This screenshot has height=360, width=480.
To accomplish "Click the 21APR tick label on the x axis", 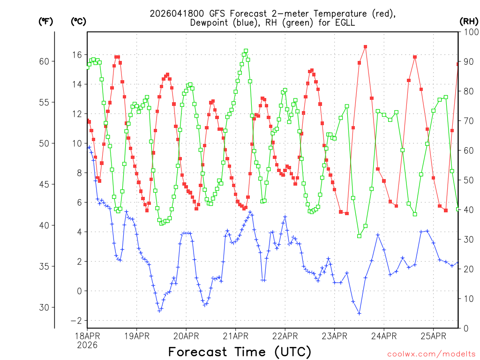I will coord(235,336).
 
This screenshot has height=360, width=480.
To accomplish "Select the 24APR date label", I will coord(383,336).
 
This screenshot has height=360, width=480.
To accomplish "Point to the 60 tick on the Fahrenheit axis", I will coord(46,61).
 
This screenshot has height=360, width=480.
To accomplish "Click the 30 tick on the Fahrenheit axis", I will coord(46,307).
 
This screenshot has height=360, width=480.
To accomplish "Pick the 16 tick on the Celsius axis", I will coord(76,55).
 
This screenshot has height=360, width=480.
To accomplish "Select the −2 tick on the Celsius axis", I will coord(75,321).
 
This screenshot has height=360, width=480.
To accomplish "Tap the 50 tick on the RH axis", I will coord(469,180).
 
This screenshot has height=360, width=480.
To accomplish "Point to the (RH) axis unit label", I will coord(469,21).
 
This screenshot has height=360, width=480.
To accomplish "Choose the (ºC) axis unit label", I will coord(78,21).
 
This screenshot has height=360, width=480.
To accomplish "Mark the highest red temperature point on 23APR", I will coord(365,47).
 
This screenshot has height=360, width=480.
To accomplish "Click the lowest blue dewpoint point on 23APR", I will coord(359,313).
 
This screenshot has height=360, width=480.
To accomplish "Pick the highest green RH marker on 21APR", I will coord(246,51).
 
